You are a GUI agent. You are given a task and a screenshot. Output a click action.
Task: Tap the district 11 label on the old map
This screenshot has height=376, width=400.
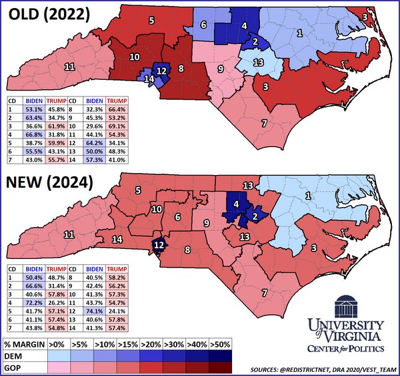(x=69, y=67)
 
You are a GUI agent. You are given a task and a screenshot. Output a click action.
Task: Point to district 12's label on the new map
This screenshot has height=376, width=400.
(x=159, y=245)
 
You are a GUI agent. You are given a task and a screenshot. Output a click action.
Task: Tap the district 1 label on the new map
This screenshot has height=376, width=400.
(x=308, y=195)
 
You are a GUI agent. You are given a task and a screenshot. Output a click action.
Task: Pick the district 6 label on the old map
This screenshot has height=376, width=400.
(x=203, y=25)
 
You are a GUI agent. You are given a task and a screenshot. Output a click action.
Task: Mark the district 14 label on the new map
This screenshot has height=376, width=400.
(x=117, y=239)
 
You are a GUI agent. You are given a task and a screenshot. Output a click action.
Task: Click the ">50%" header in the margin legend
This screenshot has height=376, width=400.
(x=219, y=344)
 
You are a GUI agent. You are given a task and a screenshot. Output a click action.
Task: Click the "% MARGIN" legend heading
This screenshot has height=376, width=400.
(x=25, y=344)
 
